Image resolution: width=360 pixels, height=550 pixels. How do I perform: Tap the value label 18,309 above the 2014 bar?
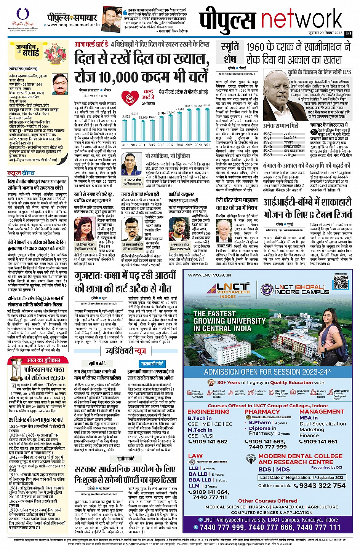143,117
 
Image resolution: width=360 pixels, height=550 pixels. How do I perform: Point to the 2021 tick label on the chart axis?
206,145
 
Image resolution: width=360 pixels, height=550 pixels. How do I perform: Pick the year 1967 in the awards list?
267,134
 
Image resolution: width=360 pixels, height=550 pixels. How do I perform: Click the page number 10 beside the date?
348,33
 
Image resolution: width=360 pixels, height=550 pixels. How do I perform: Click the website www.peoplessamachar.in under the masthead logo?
74,26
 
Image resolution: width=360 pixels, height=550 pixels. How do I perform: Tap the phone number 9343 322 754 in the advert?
322,485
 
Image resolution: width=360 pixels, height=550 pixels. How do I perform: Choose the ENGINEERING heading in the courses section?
208,412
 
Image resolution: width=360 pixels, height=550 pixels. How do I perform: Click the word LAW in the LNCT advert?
195,456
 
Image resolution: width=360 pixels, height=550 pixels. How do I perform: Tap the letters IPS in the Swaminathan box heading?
347,72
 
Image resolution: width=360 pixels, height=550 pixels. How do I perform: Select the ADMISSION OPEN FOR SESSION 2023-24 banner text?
267,372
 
